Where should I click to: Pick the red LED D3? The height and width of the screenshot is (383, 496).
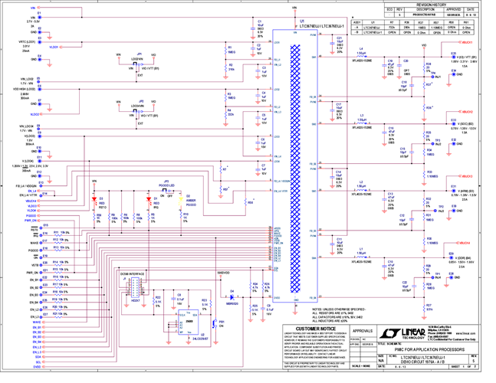click(95, 201)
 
